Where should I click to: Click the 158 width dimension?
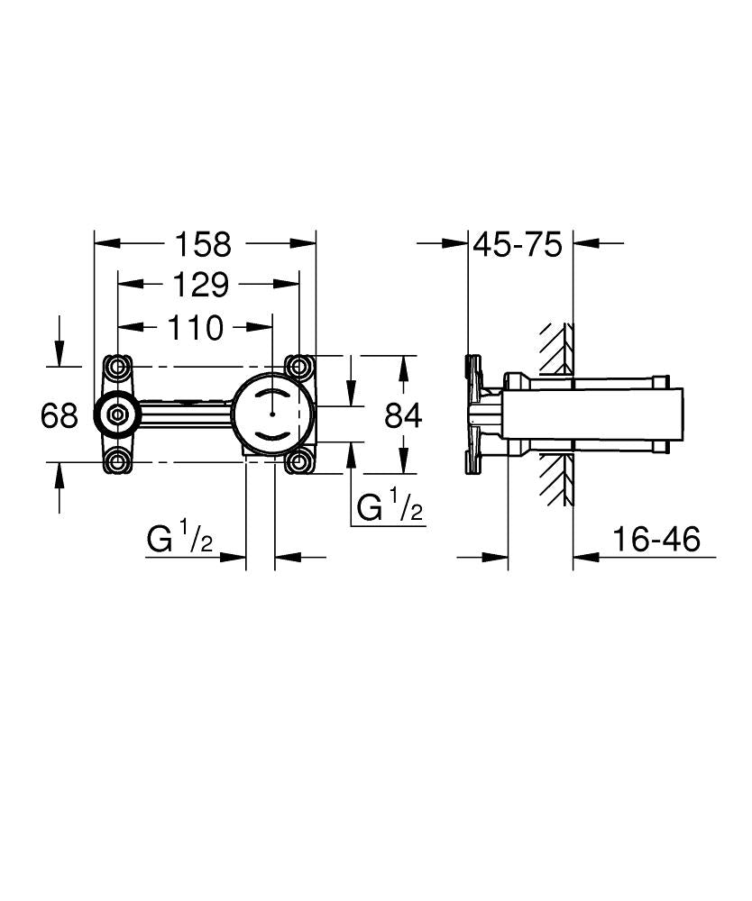point(203,243)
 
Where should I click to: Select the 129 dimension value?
point(200,286)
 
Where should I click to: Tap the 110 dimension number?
point(194,328)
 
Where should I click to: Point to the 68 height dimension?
point(60,415)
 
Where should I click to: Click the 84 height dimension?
point(403,415)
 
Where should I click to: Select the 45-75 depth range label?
point(518,244)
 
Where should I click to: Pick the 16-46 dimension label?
point(656,540)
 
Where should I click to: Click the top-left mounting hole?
point(117,367)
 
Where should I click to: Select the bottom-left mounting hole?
point(117,463)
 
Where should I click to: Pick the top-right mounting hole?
point(298,367)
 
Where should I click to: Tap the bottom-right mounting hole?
point(298,463)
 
